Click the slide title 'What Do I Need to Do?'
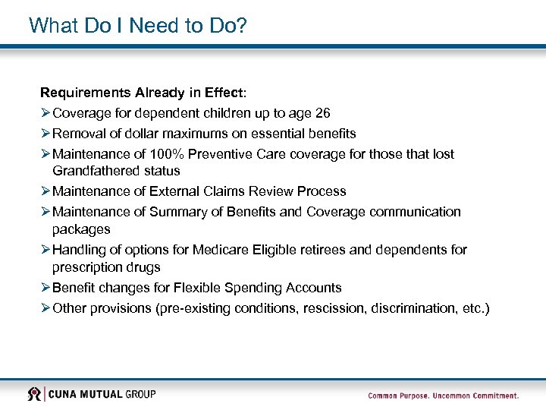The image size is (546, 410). tap(138, 26)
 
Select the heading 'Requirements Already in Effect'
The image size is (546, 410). tap(143, 93)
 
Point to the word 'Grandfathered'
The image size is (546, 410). tap(90, 171)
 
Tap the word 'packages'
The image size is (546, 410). tap(81, 229)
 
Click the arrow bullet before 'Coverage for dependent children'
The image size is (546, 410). tap(45, 113)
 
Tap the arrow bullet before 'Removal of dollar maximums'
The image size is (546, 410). tap(45, 134)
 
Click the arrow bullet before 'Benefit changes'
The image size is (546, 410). tap(45, 288)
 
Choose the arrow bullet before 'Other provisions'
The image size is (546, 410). tap(45, 308)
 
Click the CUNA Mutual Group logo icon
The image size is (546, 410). tap(34, 394)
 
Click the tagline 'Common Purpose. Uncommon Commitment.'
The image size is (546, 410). tap(443, 396)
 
